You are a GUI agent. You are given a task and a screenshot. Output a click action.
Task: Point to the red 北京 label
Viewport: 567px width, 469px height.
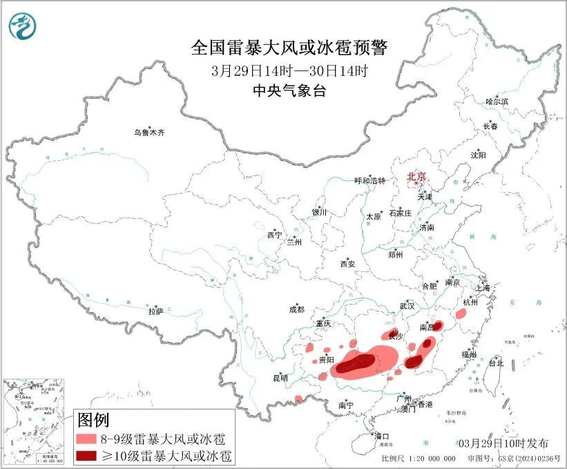(417, 176)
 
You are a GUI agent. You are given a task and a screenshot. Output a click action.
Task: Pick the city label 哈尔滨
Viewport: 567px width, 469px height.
(496, 102)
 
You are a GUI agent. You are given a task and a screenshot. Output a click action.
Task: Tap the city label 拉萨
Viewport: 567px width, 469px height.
(155, 312)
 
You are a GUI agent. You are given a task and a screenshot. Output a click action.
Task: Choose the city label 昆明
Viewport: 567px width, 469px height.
(280, 378)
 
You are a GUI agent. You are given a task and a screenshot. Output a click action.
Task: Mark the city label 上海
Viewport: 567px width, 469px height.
(481, 287)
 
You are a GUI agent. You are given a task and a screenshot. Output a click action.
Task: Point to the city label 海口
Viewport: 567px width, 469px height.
(382, 436)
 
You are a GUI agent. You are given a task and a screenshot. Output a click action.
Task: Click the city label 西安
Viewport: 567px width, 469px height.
(347, 264)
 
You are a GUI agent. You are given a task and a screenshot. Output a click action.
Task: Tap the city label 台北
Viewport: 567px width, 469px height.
(496, 363)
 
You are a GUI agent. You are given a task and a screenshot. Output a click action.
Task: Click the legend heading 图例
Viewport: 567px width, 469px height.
(93, 419)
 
